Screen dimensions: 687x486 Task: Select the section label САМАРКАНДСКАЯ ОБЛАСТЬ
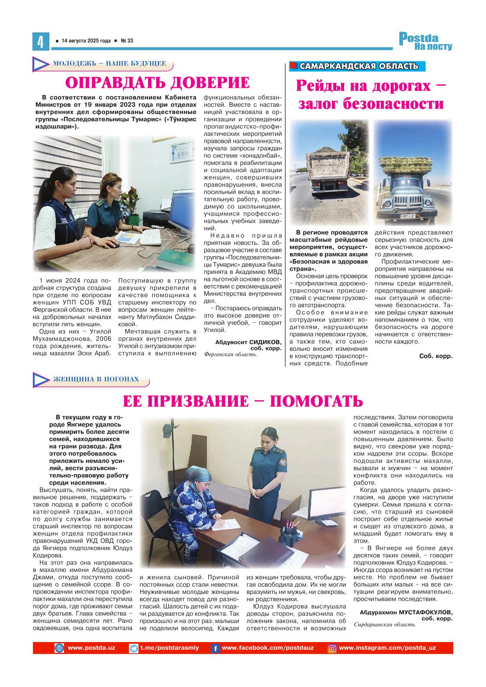(x=359, y=66)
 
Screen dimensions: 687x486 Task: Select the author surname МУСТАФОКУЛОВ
(x=426, y=612)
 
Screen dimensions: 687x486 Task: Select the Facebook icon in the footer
(x=215, y=648)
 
